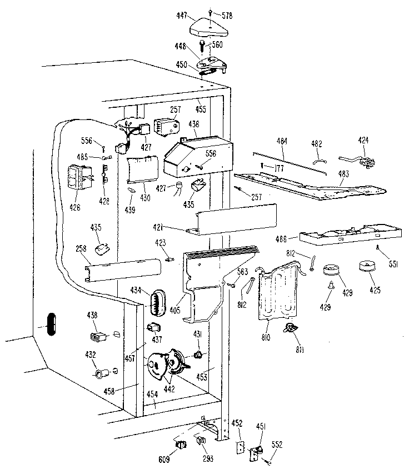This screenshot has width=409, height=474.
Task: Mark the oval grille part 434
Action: tap(158, 303)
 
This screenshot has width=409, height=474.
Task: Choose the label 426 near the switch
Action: tap(74, 208)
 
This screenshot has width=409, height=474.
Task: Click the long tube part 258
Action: tap(122, 271)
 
